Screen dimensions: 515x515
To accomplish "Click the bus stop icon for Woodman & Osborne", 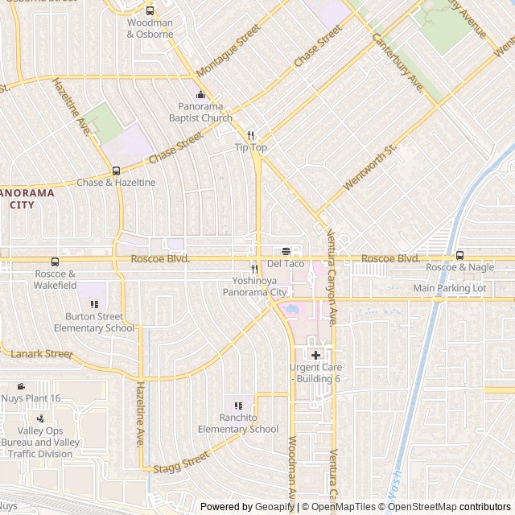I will [x=150, y=10].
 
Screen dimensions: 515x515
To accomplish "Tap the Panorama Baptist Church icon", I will [x=204, y=94].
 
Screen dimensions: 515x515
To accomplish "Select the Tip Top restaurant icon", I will [x=250, y=135].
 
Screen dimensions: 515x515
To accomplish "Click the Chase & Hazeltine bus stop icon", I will [x=116, y=171].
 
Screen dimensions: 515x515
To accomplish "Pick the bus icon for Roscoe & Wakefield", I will [x=55, y=262].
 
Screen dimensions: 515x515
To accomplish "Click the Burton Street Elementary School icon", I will [x=94, y=304].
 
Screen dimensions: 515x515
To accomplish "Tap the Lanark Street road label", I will [x=41, y=353].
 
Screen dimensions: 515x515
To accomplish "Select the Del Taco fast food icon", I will [x=286, y=251].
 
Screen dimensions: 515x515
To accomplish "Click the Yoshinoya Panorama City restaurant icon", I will [x=254, y=269].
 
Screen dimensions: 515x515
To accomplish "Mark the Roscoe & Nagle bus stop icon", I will [x=459, y=255].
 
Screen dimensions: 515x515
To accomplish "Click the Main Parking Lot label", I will [x=450, y=288].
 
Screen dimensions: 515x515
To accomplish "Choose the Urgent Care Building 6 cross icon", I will [x=315, y=355].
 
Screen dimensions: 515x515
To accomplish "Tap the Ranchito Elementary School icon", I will [x=237, y=405].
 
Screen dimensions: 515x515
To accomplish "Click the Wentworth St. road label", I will [x=370, y=167].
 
